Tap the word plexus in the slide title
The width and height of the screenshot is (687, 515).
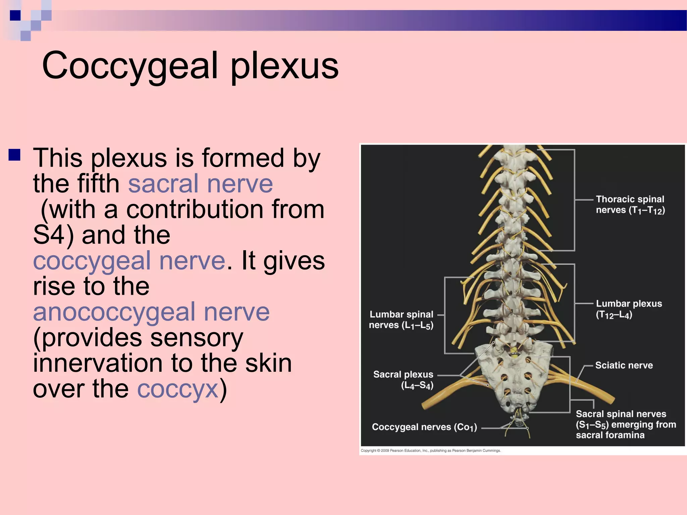284,66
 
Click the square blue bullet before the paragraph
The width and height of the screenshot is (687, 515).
15,155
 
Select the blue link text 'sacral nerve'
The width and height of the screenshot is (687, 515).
200,184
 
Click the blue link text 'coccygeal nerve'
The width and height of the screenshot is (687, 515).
129,261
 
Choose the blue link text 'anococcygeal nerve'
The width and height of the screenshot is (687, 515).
151,312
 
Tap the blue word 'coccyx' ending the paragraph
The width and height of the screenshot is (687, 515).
178,389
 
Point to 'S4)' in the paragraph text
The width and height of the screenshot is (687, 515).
54,235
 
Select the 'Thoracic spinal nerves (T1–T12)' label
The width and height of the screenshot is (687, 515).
630,205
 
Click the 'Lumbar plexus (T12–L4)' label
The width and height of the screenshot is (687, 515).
629,309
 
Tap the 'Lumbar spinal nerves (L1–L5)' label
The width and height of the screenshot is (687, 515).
401,320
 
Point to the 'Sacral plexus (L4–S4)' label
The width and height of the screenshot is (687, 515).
403,380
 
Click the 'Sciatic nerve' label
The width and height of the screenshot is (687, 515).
624,365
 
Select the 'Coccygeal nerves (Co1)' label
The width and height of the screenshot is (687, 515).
424,427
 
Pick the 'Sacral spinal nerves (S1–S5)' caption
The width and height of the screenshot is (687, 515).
626,424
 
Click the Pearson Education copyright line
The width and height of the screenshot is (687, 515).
430,451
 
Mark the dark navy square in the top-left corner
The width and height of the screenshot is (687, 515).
15,15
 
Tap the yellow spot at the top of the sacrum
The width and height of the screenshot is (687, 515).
513,352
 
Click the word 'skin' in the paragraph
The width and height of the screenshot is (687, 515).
268,363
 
